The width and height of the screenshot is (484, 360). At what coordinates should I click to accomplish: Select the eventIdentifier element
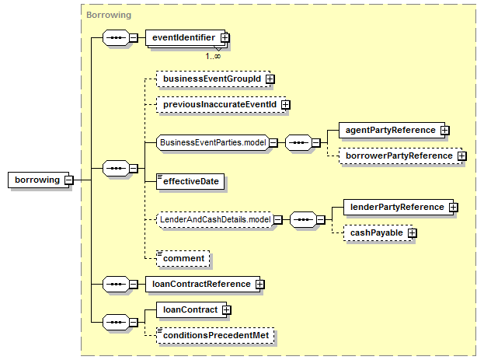[186, 37]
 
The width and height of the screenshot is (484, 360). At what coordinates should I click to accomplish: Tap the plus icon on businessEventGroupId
[270, 79]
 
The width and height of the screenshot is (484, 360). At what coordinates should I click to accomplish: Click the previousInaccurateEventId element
[221, 105]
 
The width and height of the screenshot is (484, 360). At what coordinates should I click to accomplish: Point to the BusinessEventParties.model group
[213, 143]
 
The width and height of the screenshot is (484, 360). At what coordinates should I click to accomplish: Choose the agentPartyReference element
[392, 130]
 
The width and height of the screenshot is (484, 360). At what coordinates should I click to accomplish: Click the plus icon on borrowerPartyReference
[462, 156]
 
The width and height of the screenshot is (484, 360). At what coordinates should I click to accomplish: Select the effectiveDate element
[190, 181]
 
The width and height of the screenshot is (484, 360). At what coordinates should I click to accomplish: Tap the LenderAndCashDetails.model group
[215, 220]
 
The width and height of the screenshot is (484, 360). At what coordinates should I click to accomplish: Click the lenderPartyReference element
[399, 207]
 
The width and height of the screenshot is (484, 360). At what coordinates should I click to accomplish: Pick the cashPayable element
[378, 233]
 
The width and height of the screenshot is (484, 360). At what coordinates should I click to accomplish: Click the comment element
[183, 259]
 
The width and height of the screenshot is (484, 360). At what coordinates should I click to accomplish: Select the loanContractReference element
[203, 285]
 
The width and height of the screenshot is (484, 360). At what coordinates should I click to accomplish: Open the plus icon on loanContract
[227, 310]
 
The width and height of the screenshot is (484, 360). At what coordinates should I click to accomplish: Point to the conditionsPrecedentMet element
[215, 336]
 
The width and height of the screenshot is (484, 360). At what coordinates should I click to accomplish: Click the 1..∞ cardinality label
[213, 56]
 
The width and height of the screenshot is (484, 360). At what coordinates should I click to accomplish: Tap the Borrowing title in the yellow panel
[109, 15]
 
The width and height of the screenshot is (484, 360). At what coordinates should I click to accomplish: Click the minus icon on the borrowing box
[69, 180]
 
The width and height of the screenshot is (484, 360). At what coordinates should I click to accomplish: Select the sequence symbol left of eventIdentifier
[116, 37]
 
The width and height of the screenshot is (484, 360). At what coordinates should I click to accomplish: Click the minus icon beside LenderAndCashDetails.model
[278, 220]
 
